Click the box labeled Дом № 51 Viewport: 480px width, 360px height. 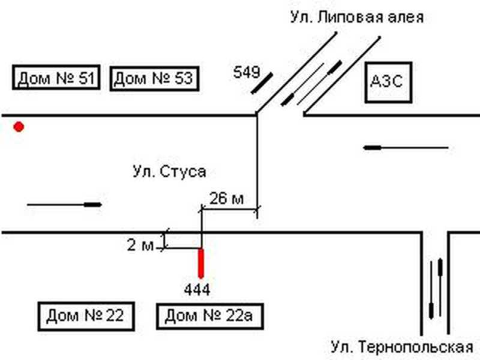point(56,79)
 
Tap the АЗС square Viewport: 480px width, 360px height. point(389,82)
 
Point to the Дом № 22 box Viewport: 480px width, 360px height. point(85,316)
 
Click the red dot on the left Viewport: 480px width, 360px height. point(19,127)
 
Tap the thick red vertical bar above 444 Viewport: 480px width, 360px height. point(201,263)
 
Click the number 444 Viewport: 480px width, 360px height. point(197,290)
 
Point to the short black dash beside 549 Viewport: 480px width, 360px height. point(262,83)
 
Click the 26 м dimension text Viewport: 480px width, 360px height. point(226,199)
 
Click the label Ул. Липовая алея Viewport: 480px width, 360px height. point(356,17)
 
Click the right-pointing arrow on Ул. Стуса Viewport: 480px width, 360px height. point(65,205)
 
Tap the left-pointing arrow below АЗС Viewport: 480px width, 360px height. point(406,147)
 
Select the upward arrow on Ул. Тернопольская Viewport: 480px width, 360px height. point(442,275)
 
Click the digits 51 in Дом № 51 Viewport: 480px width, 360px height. point(83,79)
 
